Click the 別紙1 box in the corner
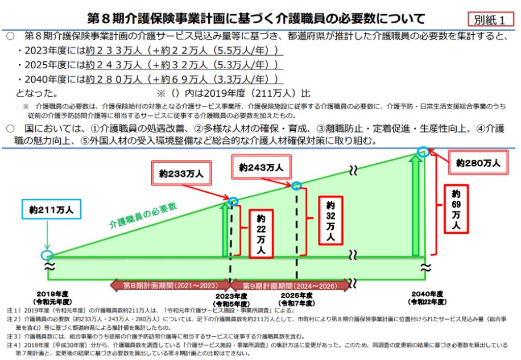(490, 19)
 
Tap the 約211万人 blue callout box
(52, 209)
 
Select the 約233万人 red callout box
(181, 173)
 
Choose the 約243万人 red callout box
(261, 167)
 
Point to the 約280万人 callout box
(478, 163)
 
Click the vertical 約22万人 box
(261, 234)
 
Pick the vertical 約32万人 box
(330, 221)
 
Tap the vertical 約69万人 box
(456, 209)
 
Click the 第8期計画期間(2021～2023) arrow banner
(170, 285)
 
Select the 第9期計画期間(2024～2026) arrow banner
(290, 285)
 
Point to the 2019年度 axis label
(52, 294)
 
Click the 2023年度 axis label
(231, 296)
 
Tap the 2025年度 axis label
(297, 295)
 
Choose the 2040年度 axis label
(427, 294)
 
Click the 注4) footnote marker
(14, 345)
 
